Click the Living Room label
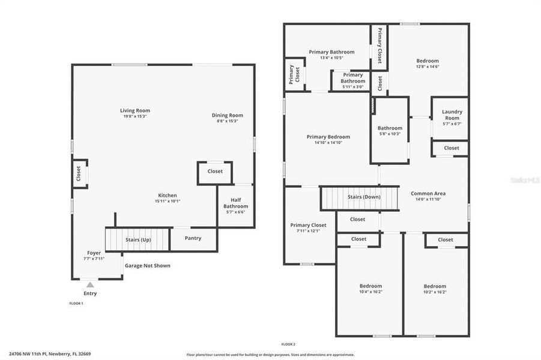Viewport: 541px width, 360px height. click(134, 110)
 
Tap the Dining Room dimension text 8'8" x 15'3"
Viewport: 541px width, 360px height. click(227, 121)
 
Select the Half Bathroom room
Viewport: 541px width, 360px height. click(235, 206)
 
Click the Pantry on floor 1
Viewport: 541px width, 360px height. click(193, 238)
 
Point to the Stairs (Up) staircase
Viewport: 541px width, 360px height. click(138, 239)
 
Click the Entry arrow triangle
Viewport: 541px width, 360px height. click(90, 285)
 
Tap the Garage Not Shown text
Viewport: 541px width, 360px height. click(147, 265)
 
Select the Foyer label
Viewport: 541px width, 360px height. click(94, 253)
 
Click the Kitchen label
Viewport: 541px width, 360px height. click(168, 195)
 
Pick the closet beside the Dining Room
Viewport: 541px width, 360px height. click(215, 172)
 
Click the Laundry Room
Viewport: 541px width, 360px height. click(452, 115)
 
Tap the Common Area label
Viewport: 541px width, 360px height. click(428, 193)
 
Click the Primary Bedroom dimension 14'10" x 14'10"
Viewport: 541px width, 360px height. click(328, 143)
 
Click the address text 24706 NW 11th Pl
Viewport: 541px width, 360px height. click(49, 354)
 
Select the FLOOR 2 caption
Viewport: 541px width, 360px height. click(288, 344)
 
